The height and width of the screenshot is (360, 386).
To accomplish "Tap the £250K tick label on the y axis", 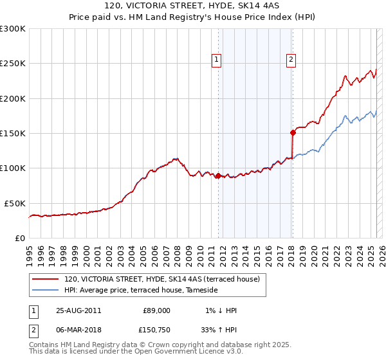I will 13,64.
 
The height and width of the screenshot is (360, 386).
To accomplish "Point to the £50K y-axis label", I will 15,203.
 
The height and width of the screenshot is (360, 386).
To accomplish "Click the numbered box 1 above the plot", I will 217,60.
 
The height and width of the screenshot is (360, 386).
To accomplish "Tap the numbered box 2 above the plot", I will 291,60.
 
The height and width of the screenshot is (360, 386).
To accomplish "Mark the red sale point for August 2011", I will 218,175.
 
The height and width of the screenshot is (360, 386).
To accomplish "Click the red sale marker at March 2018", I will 293,132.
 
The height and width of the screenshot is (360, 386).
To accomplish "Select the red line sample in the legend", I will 46,279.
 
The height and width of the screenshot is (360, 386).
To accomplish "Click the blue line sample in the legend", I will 46,291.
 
